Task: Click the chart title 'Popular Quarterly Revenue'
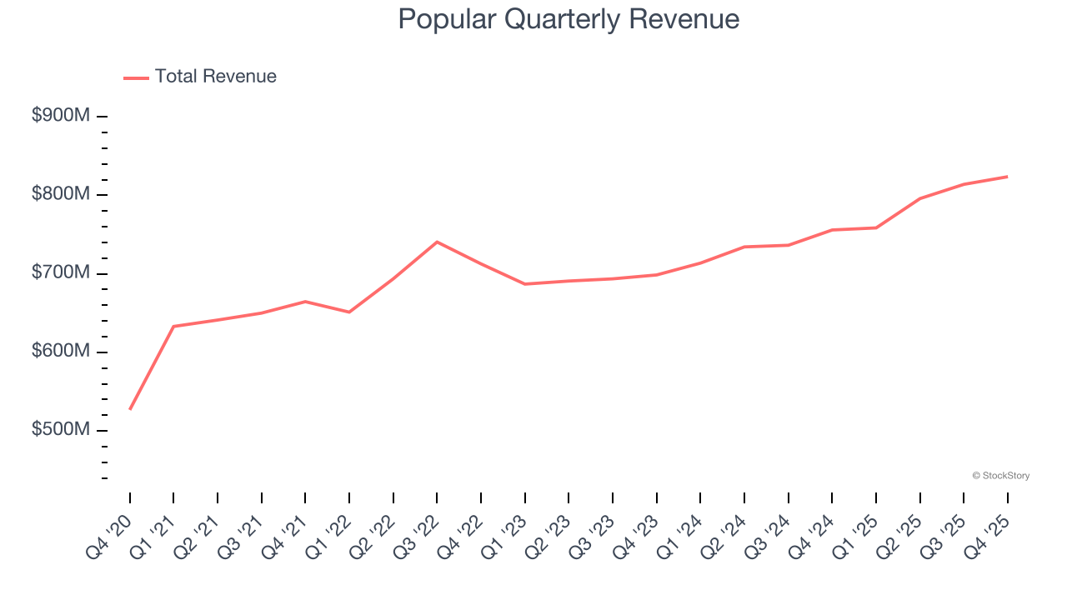click(x=569, y=19)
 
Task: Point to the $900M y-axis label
click(x=60, y=116)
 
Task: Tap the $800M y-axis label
click(x=60, y=194)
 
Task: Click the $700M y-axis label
click(x=60, y=272)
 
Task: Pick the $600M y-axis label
click(x=60, y=351)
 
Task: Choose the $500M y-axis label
click(x=60, y=429)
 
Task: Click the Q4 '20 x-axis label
click(x=110, y=535)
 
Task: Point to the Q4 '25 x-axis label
click(x=988, y=535)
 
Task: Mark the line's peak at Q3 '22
click(x=437, y=242)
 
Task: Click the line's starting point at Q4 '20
click(x=130, y=409)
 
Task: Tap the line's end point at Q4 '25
click(x=1007, y=177)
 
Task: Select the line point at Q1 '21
click(x=173, y=326)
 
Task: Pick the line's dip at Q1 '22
click(x=349, y=312)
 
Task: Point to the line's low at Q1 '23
click(x=525, y=284)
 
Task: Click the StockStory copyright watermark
click(x=1000, y=476)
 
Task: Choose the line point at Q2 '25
click(x=919, y=198)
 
